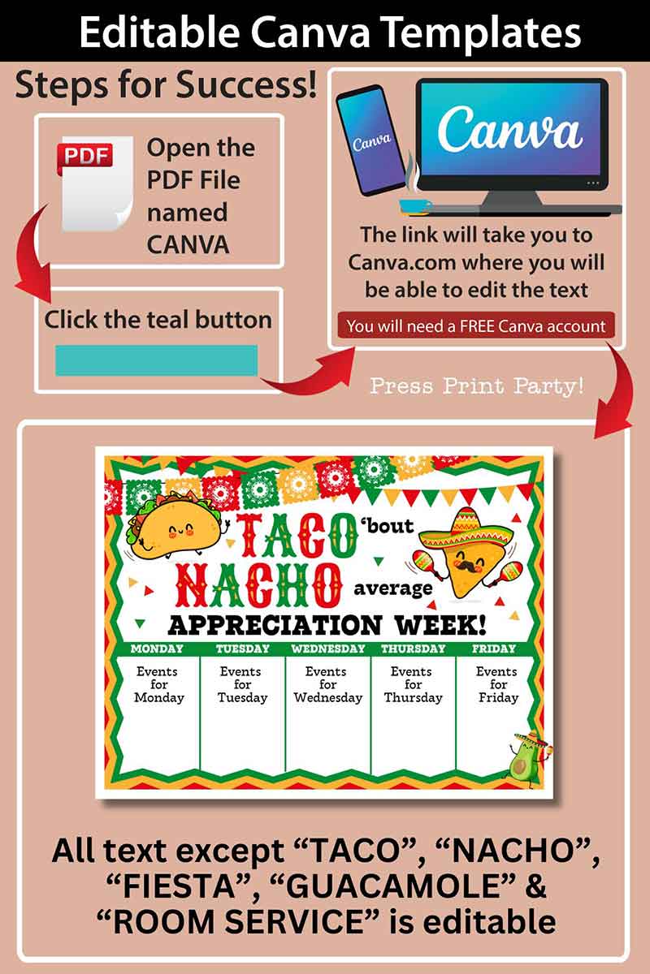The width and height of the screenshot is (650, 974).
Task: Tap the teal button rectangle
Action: [156, 360]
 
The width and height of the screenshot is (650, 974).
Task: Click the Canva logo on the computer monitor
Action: [509, 130]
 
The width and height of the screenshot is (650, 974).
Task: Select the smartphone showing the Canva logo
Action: [371, 140]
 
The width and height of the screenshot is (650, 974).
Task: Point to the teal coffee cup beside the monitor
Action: [414, 207]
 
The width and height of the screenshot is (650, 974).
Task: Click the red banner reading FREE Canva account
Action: [476, 325]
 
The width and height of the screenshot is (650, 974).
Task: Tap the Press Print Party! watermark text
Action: [477, 386]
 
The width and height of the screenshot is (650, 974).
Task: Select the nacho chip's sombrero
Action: [466, 529]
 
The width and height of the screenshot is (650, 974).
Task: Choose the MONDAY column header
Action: [157, 649]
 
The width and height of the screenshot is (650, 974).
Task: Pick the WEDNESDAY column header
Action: [327, 649]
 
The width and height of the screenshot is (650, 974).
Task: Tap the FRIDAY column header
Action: [494, 649]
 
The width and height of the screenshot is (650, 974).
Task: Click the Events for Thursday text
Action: [412, 684]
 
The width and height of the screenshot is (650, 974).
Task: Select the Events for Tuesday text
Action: [242, 684]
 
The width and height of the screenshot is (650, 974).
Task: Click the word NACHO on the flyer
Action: [258, 585]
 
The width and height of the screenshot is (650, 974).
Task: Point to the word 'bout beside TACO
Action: [387, 525]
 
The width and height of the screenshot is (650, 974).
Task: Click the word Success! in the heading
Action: [246, 84]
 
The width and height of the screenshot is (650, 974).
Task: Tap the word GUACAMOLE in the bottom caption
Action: [392, 886]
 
